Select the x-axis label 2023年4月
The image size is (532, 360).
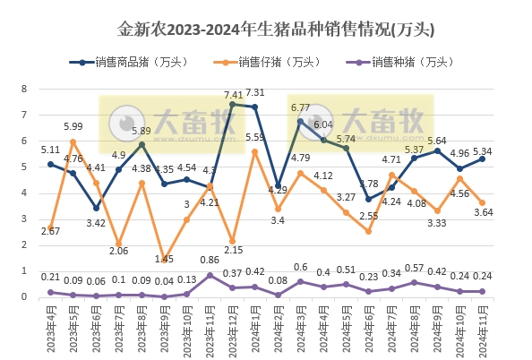pos(51,330)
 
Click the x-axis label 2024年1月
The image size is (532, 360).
pos(256,330)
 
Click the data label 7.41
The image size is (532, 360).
pos(234,94)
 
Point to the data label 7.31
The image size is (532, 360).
pos(255,92)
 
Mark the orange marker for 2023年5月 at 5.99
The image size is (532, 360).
pos(73,141)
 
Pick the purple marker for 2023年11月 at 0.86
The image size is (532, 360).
pos(210,275)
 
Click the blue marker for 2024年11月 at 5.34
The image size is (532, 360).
pos(484,159)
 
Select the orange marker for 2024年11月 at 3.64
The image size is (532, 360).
pos(484,202)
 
